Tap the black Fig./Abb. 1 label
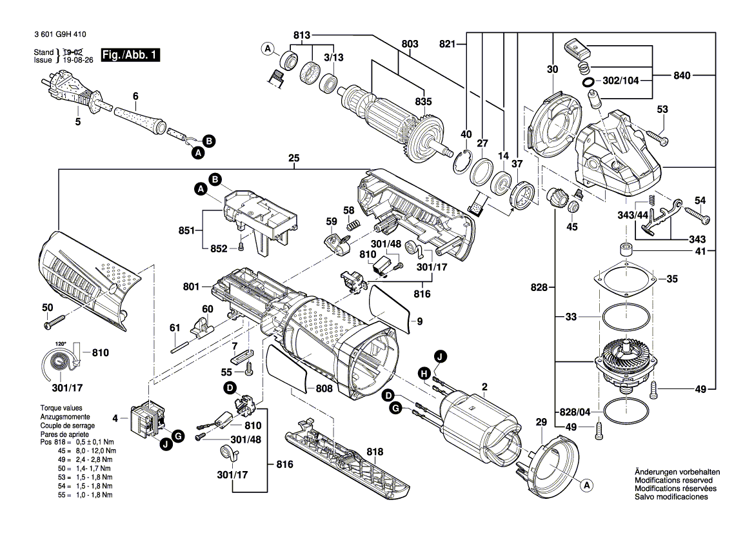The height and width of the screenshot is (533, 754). point(130,56)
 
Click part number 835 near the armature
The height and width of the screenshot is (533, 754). point(424,101)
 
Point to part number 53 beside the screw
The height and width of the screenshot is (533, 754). point(662,110)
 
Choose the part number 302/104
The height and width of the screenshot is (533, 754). point(620,82)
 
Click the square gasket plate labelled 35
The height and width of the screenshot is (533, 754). point(625,279)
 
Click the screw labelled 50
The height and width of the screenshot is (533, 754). point(57,319)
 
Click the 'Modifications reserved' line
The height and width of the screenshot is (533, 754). point(673,481)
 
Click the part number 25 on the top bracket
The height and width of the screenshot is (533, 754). point(295,158)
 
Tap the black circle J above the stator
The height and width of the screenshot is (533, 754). point(439,356)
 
